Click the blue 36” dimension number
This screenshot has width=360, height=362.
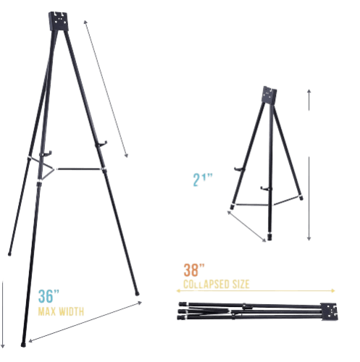[49, 296]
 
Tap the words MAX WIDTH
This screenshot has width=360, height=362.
[61, 311]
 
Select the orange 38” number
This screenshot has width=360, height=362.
[194, 270]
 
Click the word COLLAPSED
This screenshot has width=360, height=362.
[206, 285]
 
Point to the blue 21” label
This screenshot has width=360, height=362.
[202, 180]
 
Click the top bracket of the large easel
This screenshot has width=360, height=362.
[59, 21]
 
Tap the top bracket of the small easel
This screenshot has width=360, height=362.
[269, 96]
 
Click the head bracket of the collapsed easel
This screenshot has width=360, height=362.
[329, 311]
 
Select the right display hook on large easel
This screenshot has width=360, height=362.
[101, 144]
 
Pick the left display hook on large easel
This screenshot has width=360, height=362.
[46, 153]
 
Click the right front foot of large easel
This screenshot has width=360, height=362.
[137, 294]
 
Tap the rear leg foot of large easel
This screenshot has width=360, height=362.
[9, 253]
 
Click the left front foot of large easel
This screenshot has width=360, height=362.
[23, 345]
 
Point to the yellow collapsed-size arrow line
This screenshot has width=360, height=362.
[256, 290]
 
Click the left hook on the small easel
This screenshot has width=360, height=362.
[239, 169]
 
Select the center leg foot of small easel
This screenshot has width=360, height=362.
[269, 237]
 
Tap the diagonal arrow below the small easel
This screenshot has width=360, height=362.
[246, 226]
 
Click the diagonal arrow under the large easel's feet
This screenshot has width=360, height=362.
[85, 321]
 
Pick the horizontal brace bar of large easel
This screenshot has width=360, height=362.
[78, 169]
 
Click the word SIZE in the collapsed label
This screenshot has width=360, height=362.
[240, 285]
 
